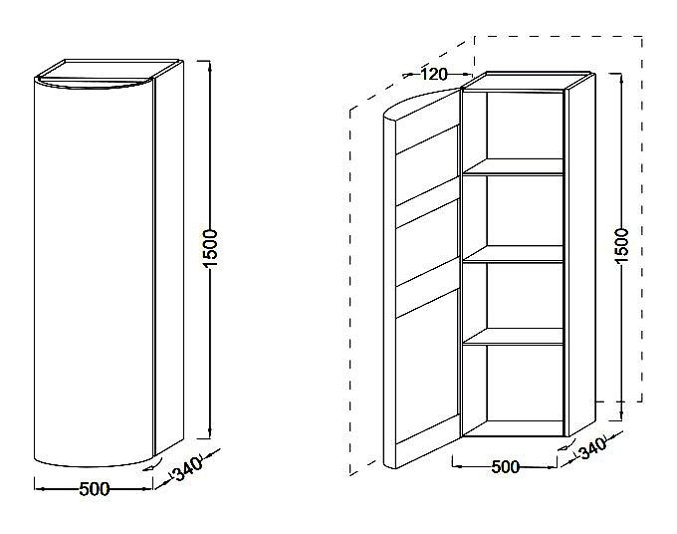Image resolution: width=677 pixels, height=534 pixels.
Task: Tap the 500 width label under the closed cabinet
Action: tap(96, 489)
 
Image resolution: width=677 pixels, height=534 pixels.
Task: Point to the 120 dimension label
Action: tap(433, 73)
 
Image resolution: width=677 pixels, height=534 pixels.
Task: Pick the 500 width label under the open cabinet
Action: tap(506, 467)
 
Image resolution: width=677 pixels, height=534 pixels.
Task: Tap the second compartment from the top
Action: tap(512, 214)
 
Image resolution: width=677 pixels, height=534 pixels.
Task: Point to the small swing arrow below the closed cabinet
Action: tap(149, 463)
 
